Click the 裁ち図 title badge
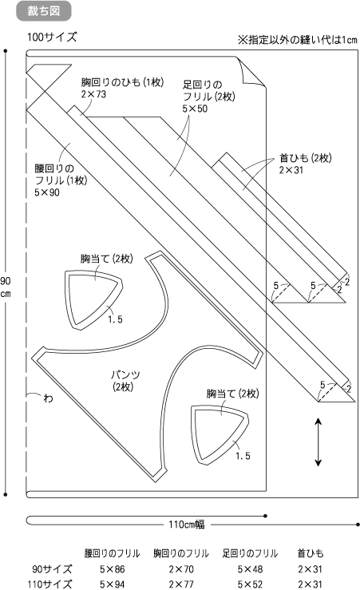[44, 11]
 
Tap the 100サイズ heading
[52, 38]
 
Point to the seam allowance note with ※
[297, 40]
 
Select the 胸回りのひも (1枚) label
[122, 82]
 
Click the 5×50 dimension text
[195, 109]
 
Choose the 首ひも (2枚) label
[305, 158]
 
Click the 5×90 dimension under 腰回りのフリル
[47, 192]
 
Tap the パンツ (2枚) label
[125, 380]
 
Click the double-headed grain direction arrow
[318, 442]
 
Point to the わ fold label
[48, 398]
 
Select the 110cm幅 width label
[187, 525]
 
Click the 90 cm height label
[6, 287]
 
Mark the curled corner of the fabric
[251, 72]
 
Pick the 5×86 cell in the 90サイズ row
[112, 569]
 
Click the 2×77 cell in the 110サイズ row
[181, 584]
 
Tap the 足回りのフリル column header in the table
[250, 553]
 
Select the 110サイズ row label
[49, 584]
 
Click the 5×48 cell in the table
[250, 569]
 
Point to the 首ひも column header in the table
[311, 553]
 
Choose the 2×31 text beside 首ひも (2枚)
[291, 170]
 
